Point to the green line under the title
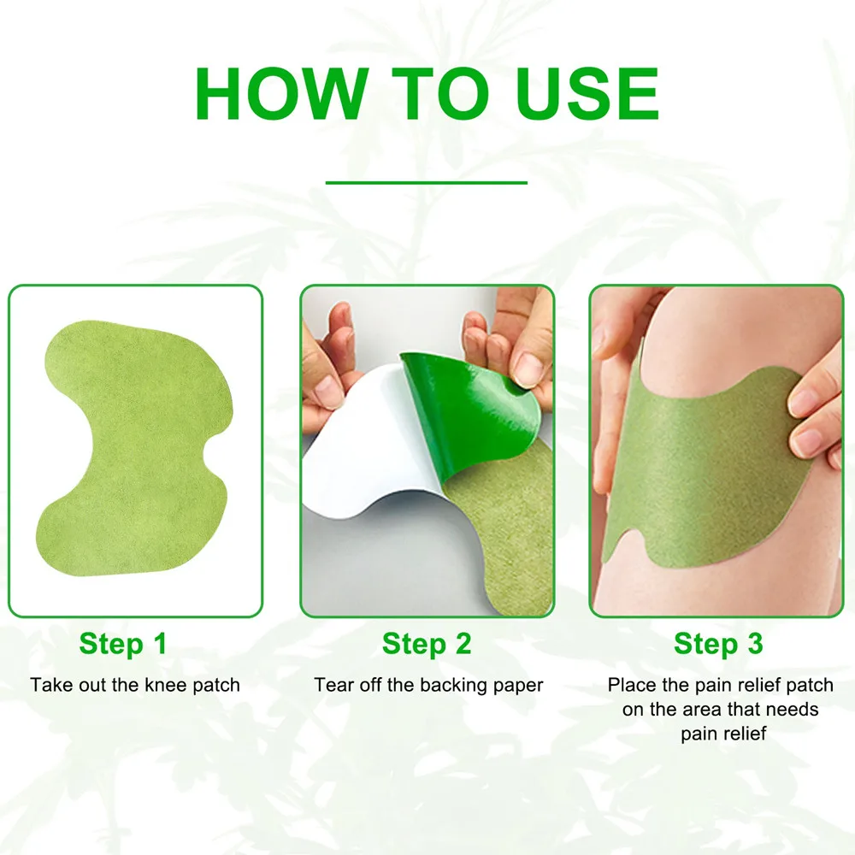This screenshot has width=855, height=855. pos(427,182)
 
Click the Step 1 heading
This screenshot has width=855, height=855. pos(123,644)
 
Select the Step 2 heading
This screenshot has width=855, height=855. pos(427,644)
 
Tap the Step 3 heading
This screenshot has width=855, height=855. pos(718,644)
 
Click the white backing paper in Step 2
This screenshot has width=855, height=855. pos(359,479)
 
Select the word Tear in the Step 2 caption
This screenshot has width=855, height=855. pos(331,685)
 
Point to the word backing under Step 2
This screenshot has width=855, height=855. pos(457,685)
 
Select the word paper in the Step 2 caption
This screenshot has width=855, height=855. pos(519,685)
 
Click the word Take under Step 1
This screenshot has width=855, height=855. pos(48,685)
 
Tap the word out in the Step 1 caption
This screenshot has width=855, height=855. pos(87,685)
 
